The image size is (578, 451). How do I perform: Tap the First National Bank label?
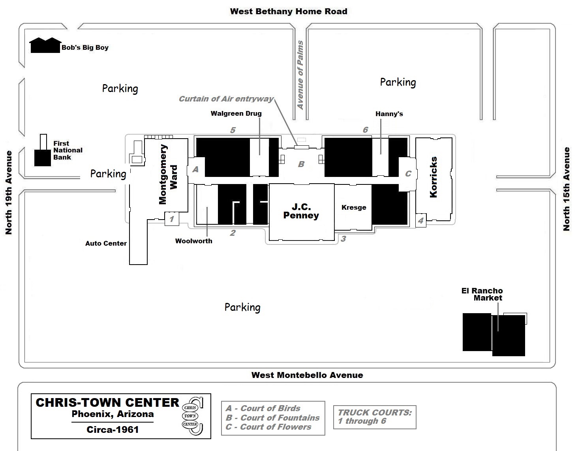[68, 150]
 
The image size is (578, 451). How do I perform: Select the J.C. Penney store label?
[301, 211]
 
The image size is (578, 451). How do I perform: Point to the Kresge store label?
[354, 207]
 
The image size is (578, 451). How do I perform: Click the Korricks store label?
[433, 177]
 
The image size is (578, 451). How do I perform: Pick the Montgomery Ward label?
[168, 174]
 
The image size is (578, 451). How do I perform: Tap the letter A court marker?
[195, 170]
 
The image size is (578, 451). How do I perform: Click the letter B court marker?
[301, 164]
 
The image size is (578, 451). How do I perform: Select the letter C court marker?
[408, 174]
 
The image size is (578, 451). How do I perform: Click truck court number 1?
[171, 219]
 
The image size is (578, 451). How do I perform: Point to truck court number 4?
[420, 221]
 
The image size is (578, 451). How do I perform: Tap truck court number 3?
[343, 239]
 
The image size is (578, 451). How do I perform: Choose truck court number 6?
[365, 130]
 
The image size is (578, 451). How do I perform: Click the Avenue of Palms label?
[300, 75]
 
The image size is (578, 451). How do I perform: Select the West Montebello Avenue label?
[307, 375]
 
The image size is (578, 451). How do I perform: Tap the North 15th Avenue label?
[567, 189]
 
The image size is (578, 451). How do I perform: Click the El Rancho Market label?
[482, 294]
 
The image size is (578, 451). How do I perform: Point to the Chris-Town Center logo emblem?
[192, 416]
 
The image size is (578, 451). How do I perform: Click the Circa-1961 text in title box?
[113, 430]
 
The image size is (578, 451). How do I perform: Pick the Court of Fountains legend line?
[272, 418]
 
